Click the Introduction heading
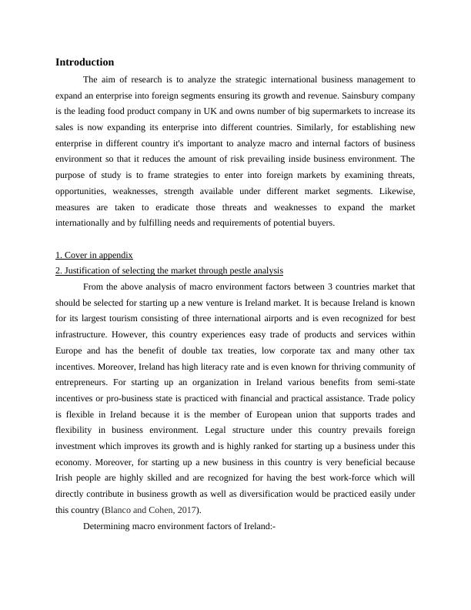pos(85,62)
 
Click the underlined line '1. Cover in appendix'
pos(95,255)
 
